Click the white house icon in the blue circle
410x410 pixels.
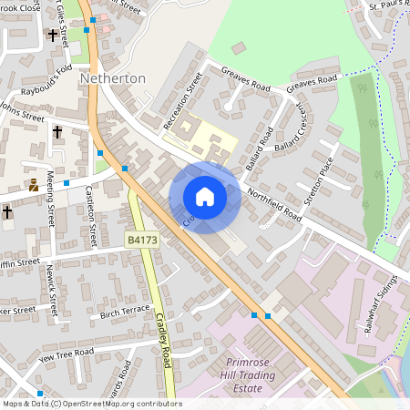(205, 197)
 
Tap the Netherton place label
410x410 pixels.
(113, 78)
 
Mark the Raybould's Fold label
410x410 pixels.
(38, 83)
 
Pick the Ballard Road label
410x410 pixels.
(261, 148)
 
